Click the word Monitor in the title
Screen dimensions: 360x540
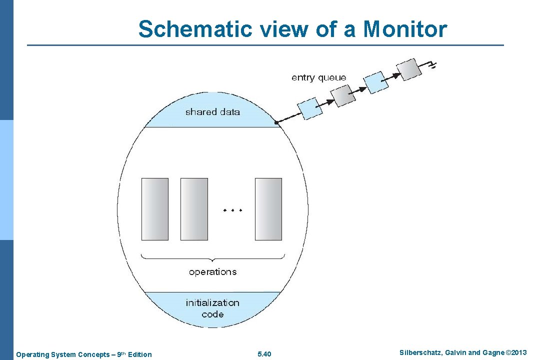pyautogui.click(x=405, y=29)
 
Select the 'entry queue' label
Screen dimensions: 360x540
pyautogui.click(x=318, y=77)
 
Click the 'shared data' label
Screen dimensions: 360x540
pyautogui.click(x=212, y=112)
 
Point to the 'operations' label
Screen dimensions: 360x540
pyautogui.click(x=212, y=272)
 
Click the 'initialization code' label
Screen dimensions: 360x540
pyautogui.click(x=212, y=308)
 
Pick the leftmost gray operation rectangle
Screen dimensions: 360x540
pyautogui.click(x=155, y=209)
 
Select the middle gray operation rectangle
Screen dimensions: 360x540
pyautogui.click(x=194, y=209)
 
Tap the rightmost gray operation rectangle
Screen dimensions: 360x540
pyautogui.click(x=268, y=209)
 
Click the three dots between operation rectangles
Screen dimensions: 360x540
pyautogui.click(x=232, y=210)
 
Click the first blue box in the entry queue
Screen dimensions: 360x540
pyautogui.click(x=310, y=107)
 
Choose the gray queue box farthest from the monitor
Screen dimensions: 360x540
pyautogui.click(x=406, y=69)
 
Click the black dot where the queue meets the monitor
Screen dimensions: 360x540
pyautogui.click(x=276, y=122)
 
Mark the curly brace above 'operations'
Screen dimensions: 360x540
pyautogui.click(x=212, y=257)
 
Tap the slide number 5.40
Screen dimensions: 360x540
pyautogui.click(x=264, y=354)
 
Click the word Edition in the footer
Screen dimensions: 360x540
pyautogui.click(x=139, y=354)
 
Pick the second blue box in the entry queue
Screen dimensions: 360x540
pyautogui.click(x=376, y=82)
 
